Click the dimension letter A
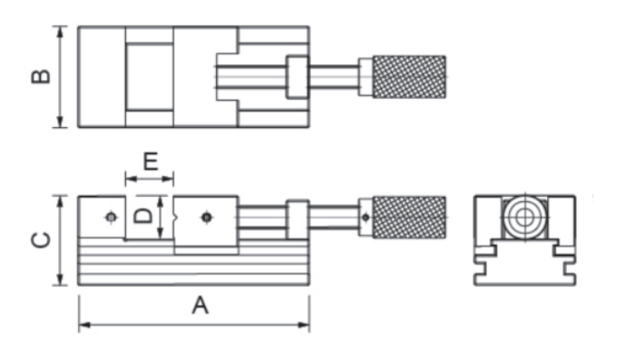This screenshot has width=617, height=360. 200,306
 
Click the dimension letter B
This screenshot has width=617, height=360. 41,76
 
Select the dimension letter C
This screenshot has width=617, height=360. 41,240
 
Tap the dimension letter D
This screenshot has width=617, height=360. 142,216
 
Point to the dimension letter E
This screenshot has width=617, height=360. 151,161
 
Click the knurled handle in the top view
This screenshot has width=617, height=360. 409,77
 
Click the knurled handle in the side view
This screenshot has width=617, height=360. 409,218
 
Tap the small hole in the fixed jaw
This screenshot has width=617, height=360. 112,218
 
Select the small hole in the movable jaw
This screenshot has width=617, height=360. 207,218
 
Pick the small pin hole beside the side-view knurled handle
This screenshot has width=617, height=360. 366,218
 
